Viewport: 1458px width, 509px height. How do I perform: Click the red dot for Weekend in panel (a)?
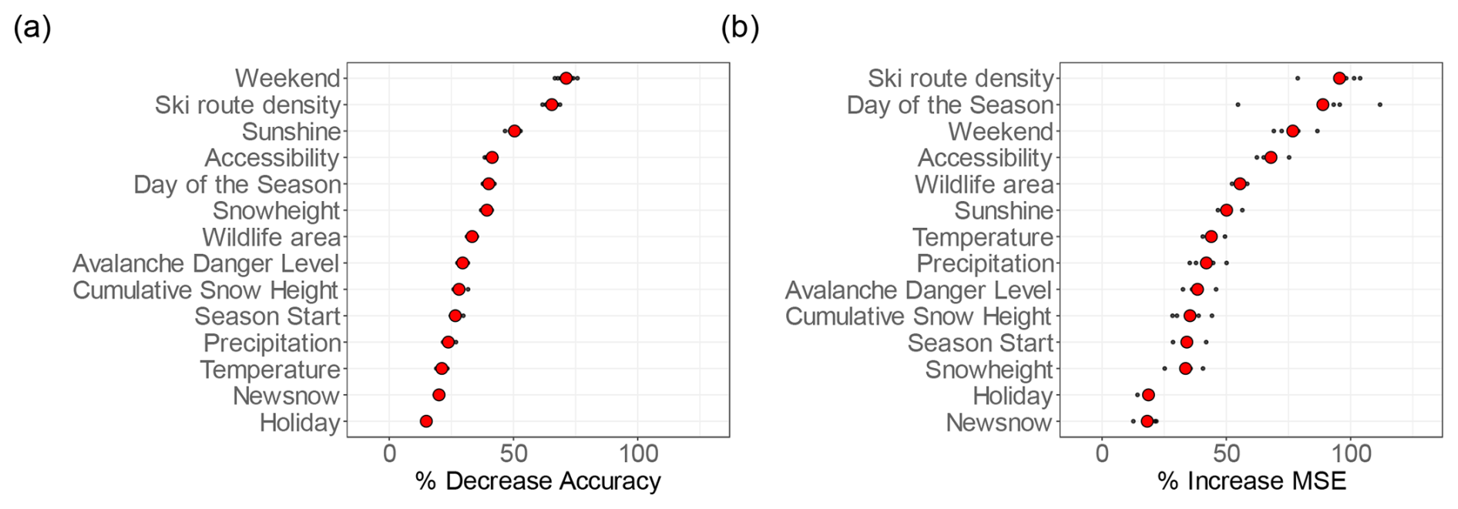pyautogui.click(x=566, y=78)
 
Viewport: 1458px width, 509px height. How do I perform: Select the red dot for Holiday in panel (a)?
pyautogui.click(x=426, y=421)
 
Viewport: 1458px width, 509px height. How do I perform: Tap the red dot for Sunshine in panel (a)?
pyautogui.click(x=515, y=131)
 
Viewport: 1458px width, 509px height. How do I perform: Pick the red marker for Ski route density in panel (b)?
pyautogui.click(x=1339, y=78)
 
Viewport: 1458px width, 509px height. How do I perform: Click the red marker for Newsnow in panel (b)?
pyautogui.click(x=1147, y=421)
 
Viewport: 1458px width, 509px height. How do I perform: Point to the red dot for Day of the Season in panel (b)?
pyautogui.click(x=1323, y=105)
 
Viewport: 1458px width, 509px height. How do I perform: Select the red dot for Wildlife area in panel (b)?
pyautogui.click(x=1240, y=184)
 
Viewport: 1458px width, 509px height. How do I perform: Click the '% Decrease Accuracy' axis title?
pyautogui.click(x=538, y=481)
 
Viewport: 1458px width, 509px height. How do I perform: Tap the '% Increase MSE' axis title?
pyautogui.click(x=1251, y=481)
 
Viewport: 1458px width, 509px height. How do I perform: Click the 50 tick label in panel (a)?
pyautogui.click(x=514, y=453)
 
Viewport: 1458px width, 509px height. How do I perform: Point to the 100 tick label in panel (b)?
pyautogui.click(x=1350, y=453)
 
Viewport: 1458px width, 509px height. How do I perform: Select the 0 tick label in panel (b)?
pyautogui.click(x=1102, y=453)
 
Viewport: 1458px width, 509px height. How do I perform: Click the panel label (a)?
pyautogui.click(x=32, y=28)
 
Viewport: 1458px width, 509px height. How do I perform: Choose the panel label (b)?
pyautogui.click(x=740, y=28)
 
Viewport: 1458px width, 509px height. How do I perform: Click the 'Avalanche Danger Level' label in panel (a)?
pyautogui.click(x=206, y=263)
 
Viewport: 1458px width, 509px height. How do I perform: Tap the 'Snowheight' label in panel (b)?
pyautogui.click(x=989, y=370)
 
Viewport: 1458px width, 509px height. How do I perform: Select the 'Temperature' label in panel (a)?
pyautogui.click(x=270, y=370)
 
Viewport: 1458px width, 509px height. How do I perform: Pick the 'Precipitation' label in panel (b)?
pyautogui.click(x=985, y=263)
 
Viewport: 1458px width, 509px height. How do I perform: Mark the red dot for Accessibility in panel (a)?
pyautogui.click(x=492, y=158)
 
